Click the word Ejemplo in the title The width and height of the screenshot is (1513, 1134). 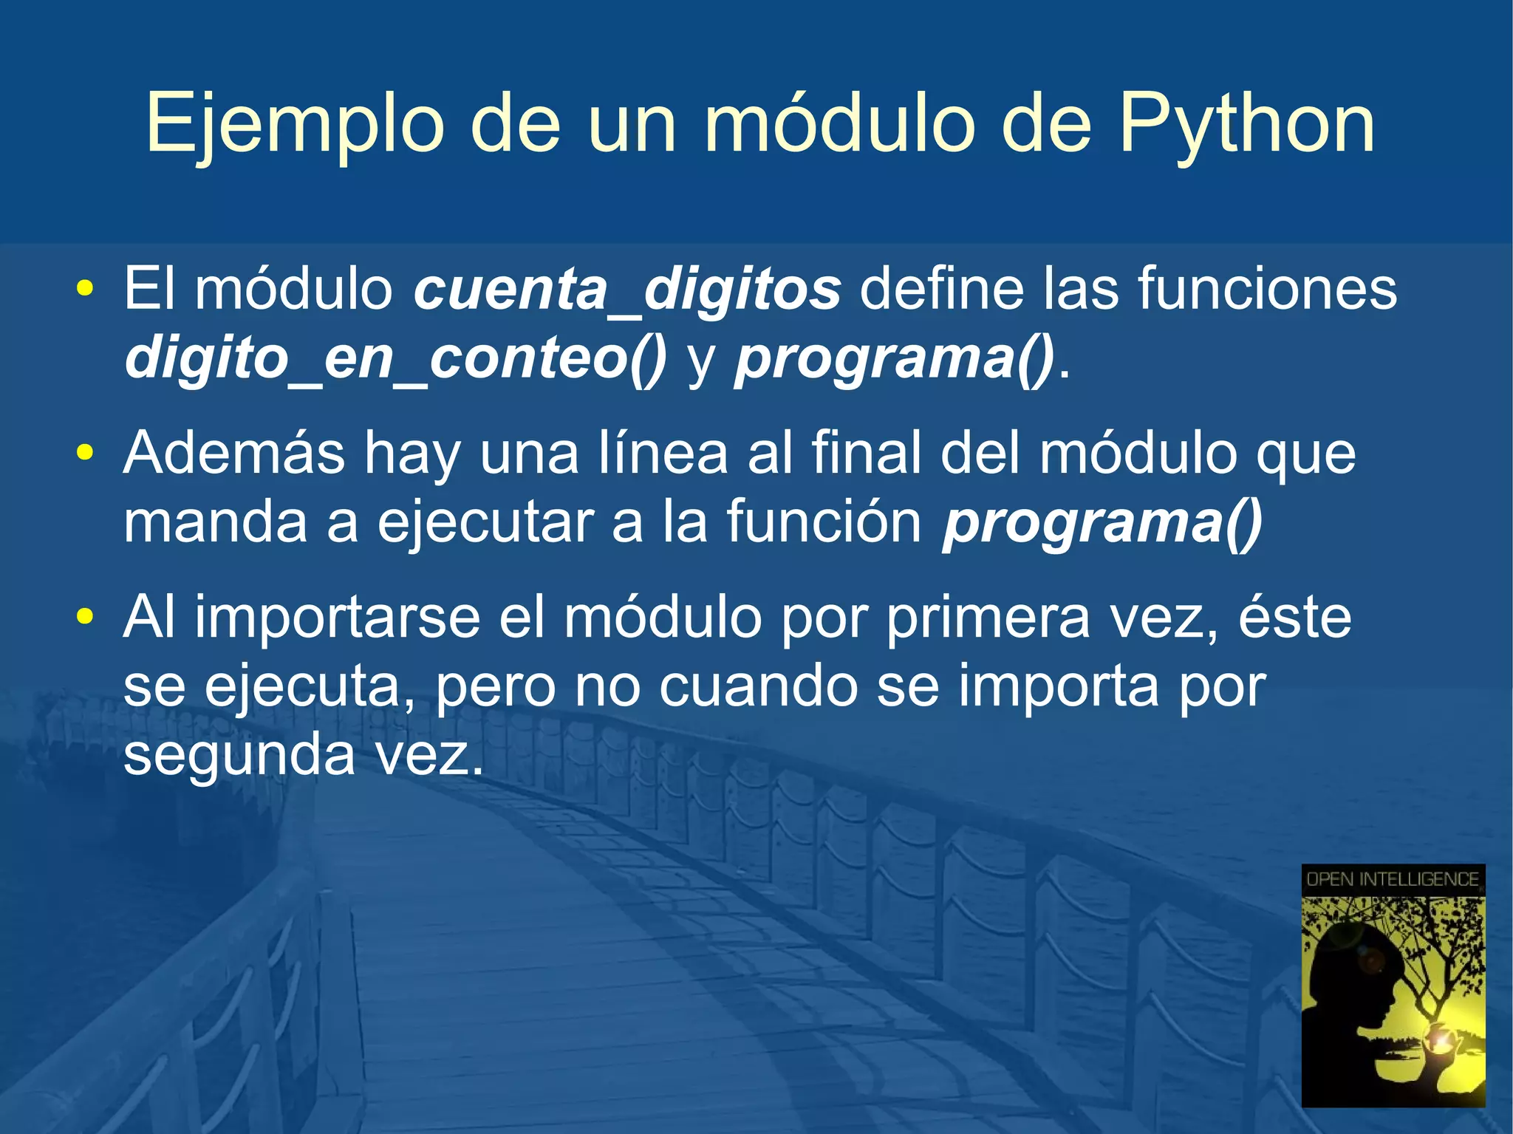[294, 124]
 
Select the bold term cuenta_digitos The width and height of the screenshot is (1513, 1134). [626, 289]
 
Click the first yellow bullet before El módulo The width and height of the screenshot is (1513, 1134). [85, 288]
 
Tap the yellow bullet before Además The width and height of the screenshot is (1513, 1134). [85, 452]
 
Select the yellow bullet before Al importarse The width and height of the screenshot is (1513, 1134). [85, 616]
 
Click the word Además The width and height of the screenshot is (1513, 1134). [234, 452]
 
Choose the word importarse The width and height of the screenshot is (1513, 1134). [337, 618]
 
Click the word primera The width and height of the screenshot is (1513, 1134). [987, 618]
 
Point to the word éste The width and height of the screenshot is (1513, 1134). [1294, 618]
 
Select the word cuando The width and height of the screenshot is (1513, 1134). [758, 686]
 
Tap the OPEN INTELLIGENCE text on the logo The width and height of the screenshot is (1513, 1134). [1392, 879]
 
